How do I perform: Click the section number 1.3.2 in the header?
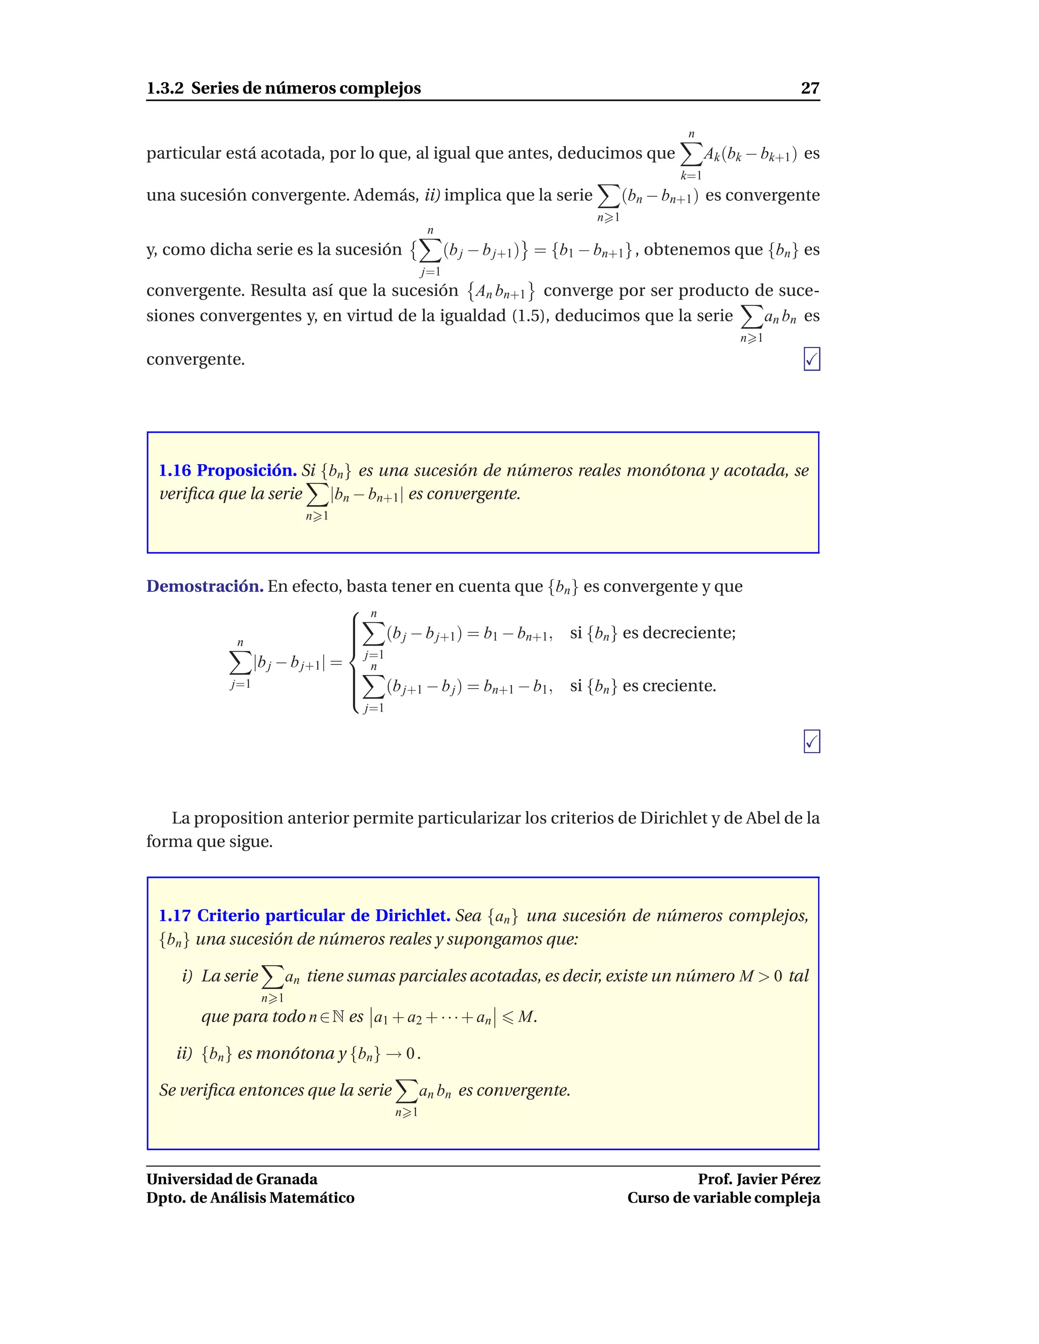click(164, 88)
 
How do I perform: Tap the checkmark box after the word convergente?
click(811, 360)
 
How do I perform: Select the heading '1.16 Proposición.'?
click(228, 470)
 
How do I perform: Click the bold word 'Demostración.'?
click(205, 586)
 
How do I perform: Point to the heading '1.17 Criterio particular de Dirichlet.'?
click(305, 915)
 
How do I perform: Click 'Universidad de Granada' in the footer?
click(232, 1179)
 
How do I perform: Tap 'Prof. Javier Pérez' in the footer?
click(758, 1179)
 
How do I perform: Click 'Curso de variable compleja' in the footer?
click(723, 1197)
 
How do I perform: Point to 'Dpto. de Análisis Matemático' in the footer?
click(250, 1197)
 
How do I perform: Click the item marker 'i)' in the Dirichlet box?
click(187, 976)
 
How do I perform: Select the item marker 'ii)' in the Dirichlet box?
click(185, 1053)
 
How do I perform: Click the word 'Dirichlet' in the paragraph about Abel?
click(673, 818)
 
